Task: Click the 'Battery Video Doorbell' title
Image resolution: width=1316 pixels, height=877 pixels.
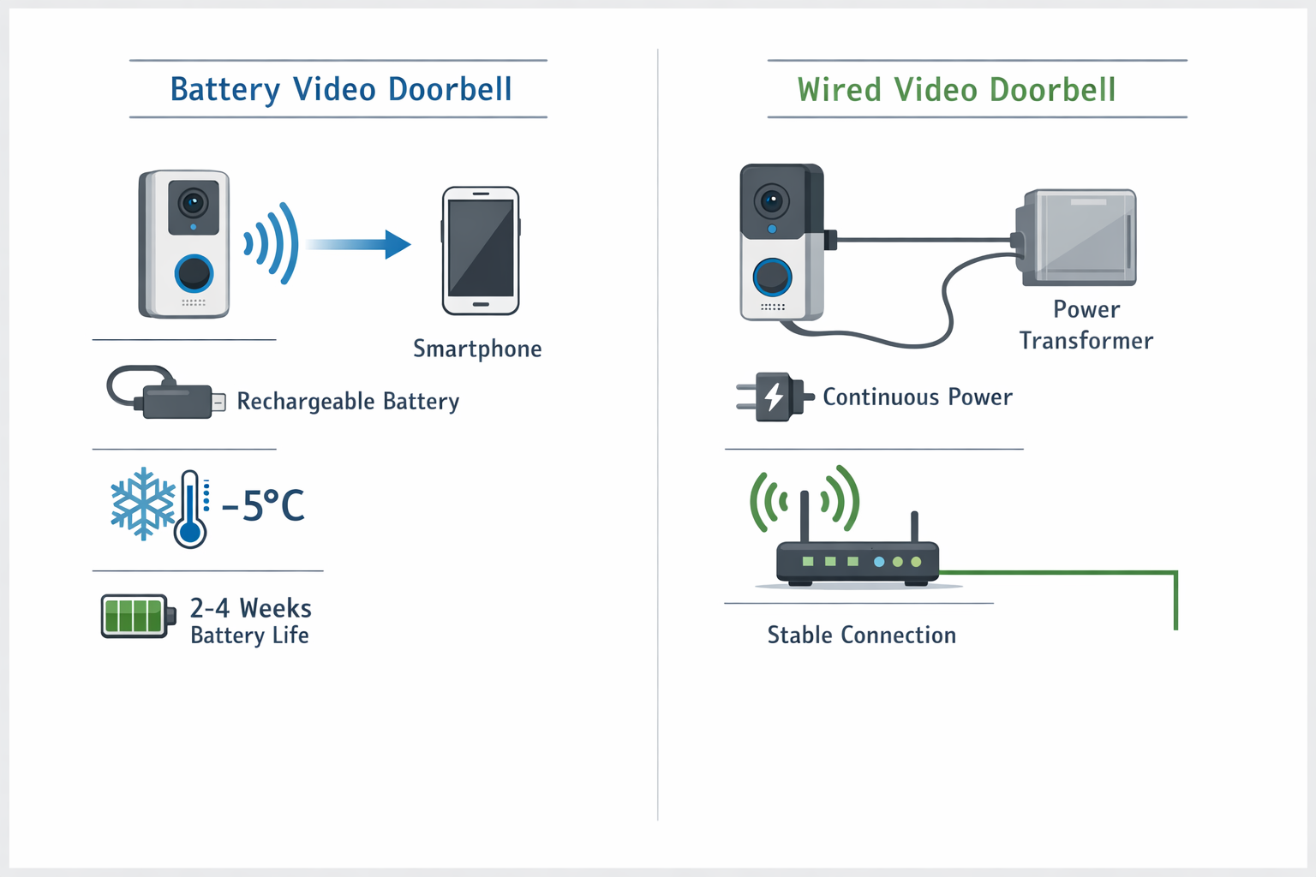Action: (341, 89)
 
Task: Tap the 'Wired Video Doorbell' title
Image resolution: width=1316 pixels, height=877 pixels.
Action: (956, 90)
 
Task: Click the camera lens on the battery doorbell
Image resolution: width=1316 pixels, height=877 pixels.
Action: (194, 203)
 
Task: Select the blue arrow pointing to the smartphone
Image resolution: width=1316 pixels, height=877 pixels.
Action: (360, 244)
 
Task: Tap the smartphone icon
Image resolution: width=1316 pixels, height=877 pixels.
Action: (481, 250)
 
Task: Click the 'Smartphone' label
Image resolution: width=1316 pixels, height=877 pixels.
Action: (477, 349)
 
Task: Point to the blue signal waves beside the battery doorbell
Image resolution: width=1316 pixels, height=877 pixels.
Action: (273, 243)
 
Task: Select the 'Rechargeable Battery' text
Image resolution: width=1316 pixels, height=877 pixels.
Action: (348, 401)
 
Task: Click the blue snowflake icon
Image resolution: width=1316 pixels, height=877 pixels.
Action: (142, 504)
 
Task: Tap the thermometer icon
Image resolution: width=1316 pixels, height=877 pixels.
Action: (190, 510)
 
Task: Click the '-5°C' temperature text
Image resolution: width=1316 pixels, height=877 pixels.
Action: (263, 505)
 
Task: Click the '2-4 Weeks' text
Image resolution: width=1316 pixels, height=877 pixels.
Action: (250, 608)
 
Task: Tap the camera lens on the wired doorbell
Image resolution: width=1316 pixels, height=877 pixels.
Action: (772, 202)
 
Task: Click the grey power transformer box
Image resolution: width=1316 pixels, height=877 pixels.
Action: (1078, 237)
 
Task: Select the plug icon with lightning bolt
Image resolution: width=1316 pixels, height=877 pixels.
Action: (774, 397)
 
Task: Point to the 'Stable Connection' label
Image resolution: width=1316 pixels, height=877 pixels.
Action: (861, 635)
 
